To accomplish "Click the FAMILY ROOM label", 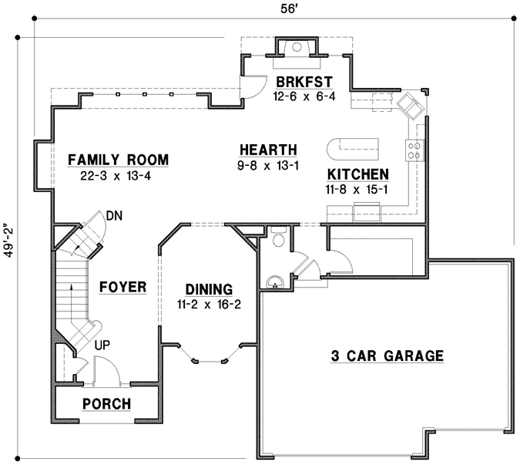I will click(x=118, y=160).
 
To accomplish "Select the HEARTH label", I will click(x=267, y=150).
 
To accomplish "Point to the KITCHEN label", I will click(x=357, y=174).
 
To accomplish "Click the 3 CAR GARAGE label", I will click(x=387, y=355).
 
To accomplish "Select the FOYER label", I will click(x=123, y=287).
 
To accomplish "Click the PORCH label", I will click(x=106, y=404).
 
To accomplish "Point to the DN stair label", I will click(x=115, y=215).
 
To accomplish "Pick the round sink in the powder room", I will click(x=273, y=281).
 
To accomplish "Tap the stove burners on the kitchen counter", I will click(x=414, y=150).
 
